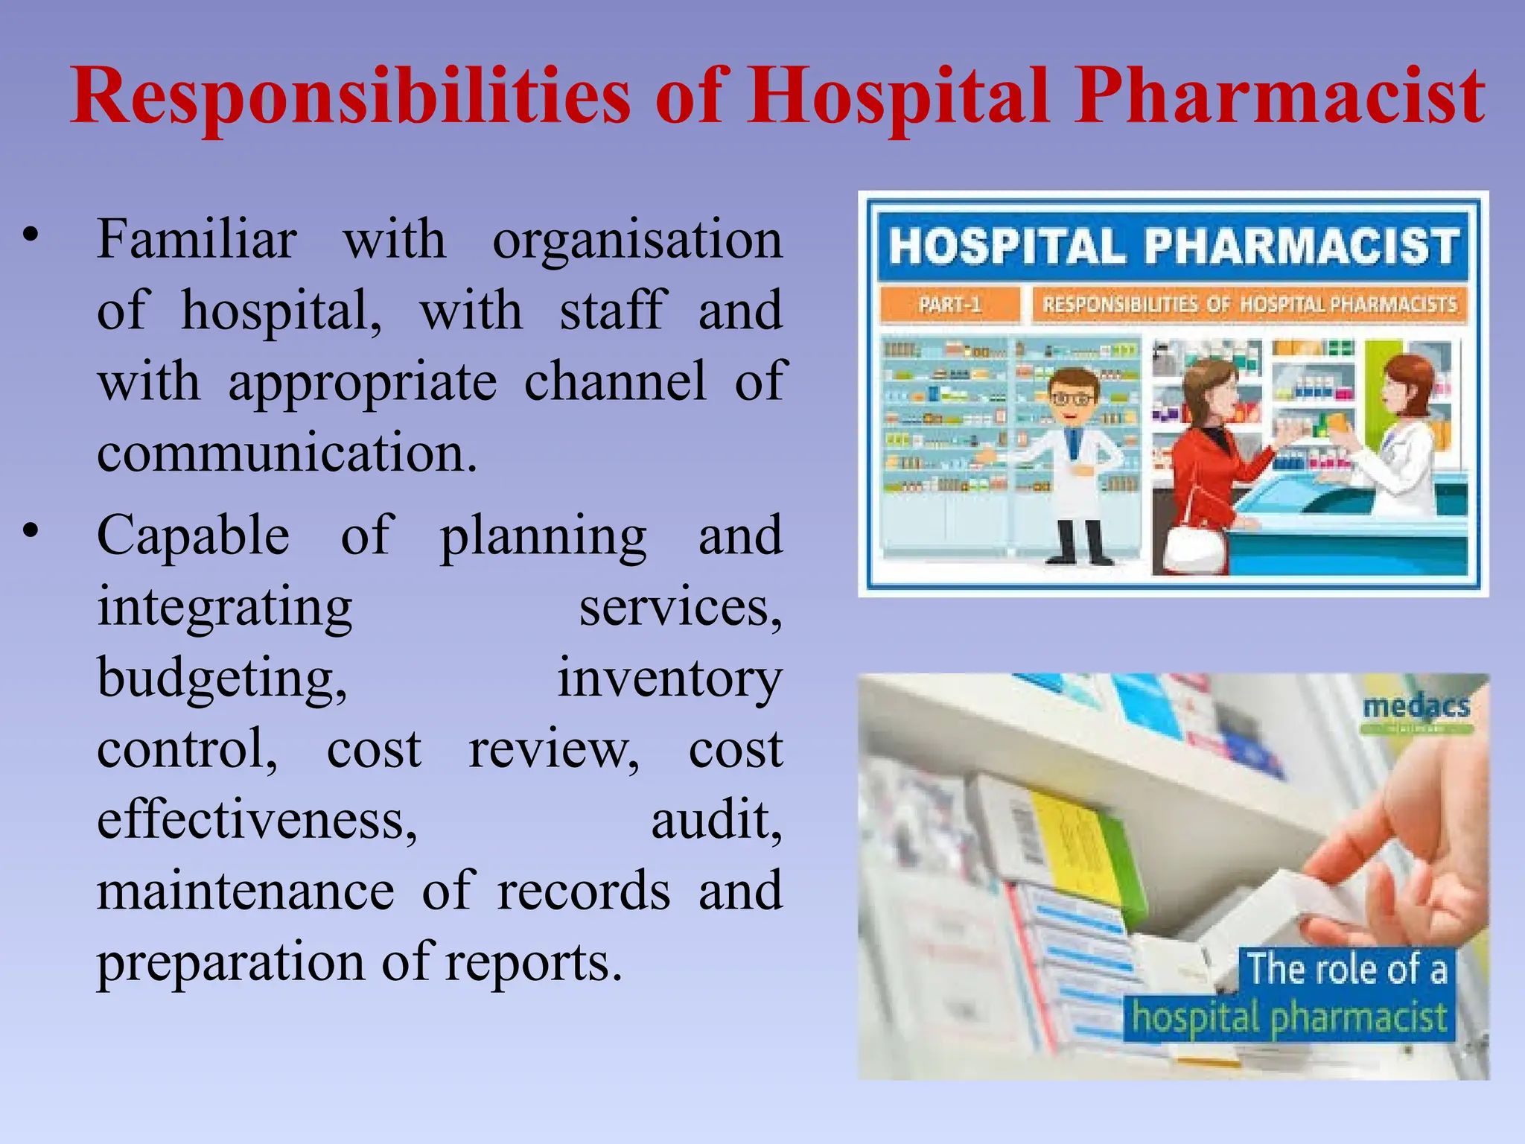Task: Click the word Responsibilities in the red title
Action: pos(350,97)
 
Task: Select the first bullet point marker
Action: pos(30,234)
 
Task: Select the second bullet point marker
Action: pos(30,530)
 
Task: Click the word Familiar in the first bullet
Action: pos(197,240)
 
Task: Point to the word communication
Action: pos(287,453)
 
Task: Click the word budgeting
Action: pos(222,678)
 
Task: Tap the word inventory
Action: pos(669,678)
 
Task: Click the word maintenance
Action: pos(246,891)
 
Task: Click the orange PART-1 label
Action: pos(949,305)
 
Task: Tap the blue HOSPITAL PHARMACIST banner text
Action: pos(1173,246)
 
